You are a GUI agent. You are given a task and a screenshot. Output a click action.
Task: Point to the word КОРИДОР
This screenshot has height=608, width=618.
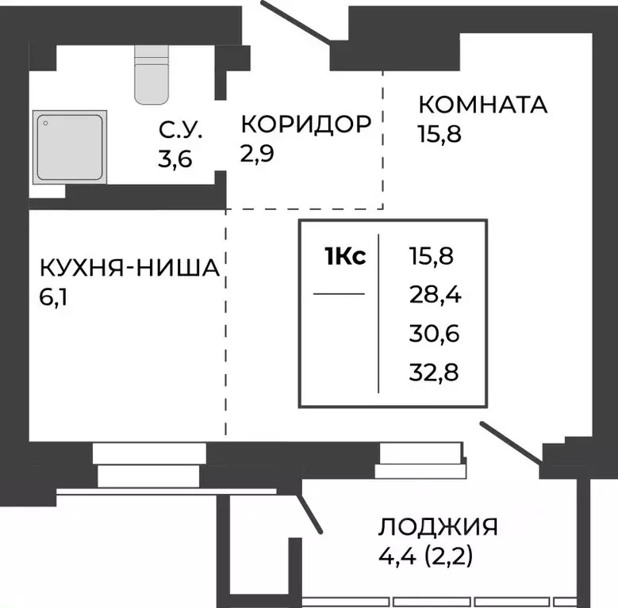coord(305,124)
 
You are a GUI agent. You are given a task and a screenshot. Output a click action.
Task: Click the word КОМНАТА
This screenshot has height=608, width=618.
coord(482,105)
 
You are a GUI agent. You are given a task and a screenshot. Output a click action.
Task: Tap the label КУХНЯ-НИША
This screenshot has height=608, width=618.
coord(129,269)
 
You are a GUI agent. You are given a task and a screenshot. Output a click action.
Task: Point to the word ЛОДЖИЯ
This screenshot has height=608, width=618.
coord(438,527)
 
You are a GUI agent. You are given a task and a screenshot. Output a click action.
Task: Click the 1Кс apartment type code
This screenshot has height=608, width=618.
coord(344,257)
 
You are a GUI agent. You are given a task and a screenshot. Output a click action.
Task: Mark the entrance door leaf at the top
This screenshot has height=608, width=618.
coord(295,21)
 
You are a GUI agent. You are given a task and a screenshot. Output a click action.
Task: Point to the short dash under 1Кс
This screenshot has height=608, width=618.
coord(339,294)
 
